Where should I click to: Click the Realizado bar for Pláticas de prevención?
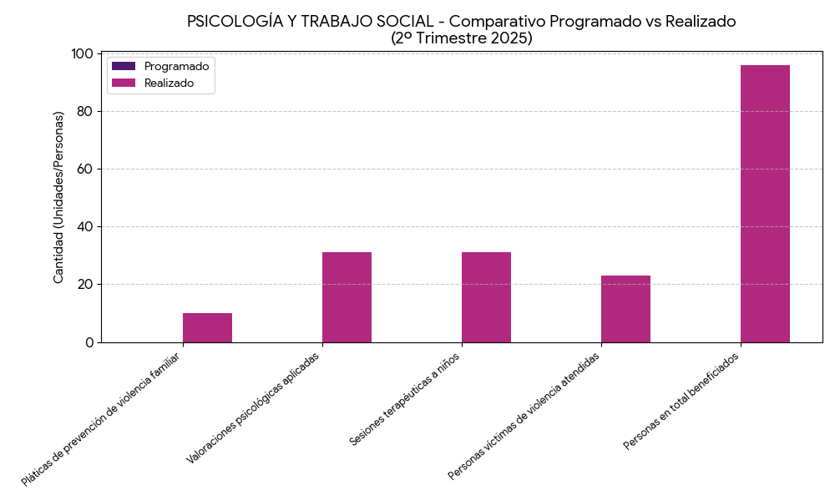pyautogui.click(x=207, y=327)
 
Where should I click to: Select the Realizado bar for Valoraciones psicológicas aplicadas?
pyautogui.click(x=347, y=297)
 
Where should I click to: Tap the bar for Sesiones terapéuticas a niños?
pyautogui.click(x=486, y=297)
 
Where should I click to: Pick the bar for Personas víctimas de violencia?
pyautogui.click(x=625, y=309)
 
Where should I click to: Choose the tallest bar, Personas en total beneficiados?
pyautogui.click(x=765, y=204)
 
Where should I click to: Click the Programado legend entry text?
pyautogui.click(x=176, y=66)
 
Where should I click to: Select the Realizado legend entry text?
pyautogui.click(x=169, y=83)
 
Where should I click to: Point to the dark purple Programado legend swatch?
pyautogui.click(x=124, y=66)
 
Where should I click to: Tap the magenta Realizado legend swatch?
pyautogui.click(x=124, y=83)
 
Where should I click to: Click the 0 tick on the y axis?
pyautogui.click(x=89, y=342)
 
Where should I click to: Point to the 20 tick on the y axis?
pyautogui.click(x=85, y=285)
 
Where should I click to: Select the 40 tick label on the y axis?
pyautogui.click(x=85, y=227)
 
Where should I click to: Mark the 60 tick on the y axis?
pyautogui.click(x=85, y=170)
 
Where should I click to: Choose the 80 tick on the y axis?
pyautogui.click(x=85, y=112)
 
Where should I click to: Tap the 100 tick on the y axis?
pyautogui.click(x=82, y=54)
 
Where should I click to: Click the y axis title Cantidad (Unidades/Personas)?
pyautogui.click(x=58, y=197)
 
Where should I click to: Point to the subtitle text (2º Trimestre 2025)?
pyautogui.click(x=461, y=38)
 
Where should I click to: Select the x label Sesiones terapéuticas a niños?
pyautogui.click(x=405, y=399)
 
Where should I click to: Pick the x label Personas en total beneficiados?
pyautogui.click(x=681, y=402)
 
